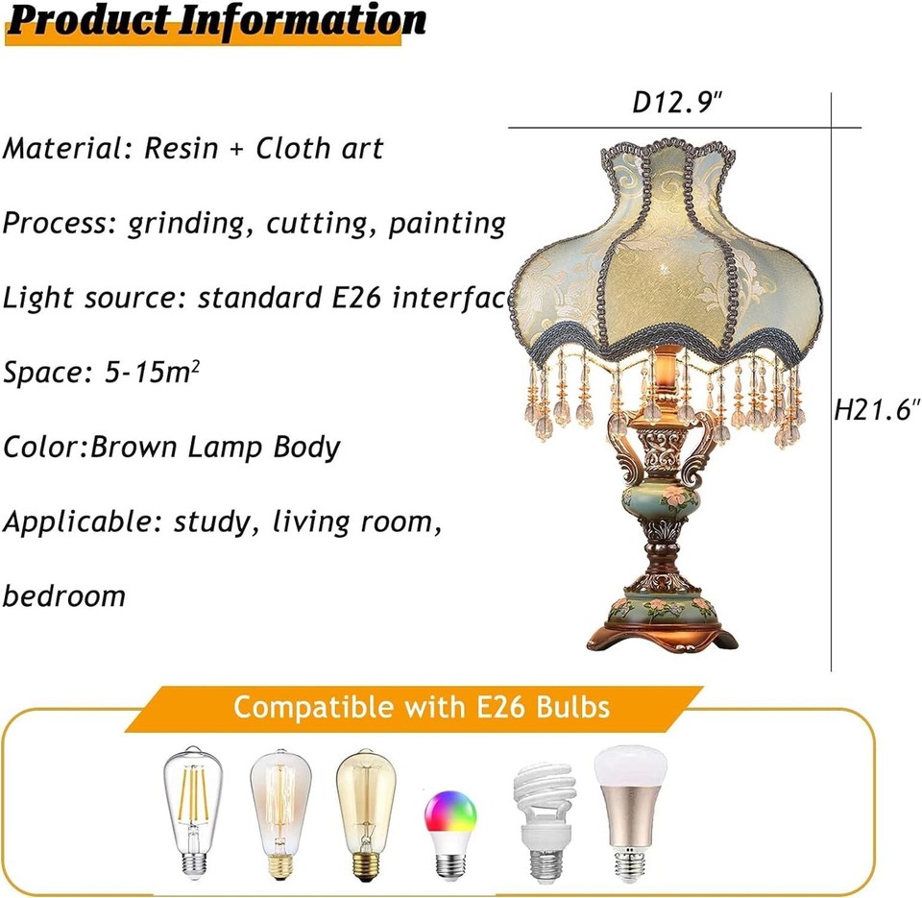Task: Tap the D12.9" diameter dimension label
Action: click(x=676, y=103)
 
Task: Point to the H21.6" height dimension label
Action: click(x=876, y=410)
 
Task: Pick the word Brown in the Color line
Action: click(x=133, y=448)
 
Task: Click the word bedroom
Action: click(x=64, y=595)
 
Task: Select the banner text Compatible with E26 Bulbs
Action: click(x=422, y=708)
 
